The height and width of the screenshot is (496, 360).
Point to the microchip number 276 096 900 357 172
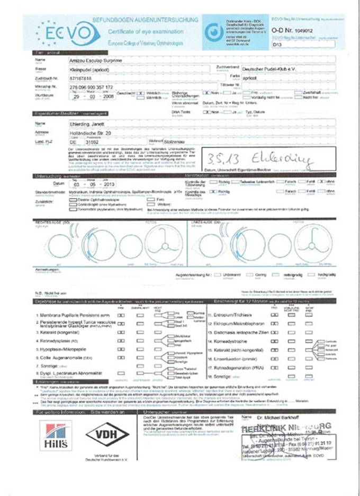[x=92, y=87]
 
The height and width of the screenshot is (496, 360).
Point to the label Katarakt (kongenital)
[x=63, y=331]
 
